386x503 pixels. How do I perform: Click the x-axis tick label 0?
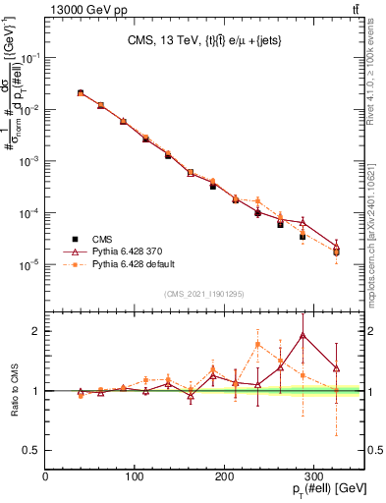pyautogui.click(x=45, y=477)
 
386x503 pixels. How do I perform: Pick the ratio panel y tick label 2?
pyautogui.click(x=35, y=331)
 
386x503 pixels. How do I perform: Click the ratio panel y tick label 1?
pyautogui.click(x=35, y=391)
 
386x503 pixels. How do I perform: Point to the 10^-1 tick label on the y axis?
pyautogui.click(x=29, y=58)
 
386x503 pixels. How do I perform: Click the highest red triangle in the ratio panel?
pyautogui.click(x=303, y=336)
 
